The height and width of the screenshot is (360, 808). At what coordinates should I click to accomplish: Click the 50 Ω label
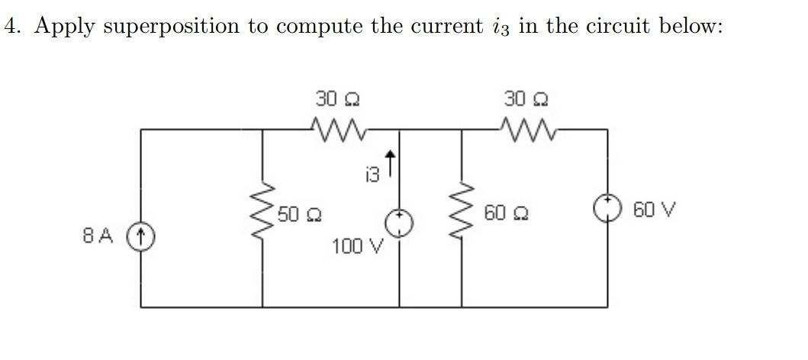pos(298,214)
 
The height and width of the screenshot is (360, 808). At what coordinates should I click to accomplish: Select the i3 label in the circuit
pos(372,176)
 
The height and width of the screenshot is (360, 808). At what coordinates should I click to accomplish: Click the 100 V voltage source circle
pos(401,222)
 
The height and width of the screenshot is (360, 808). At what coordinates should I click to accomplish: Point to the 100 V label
pos(357,247)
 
